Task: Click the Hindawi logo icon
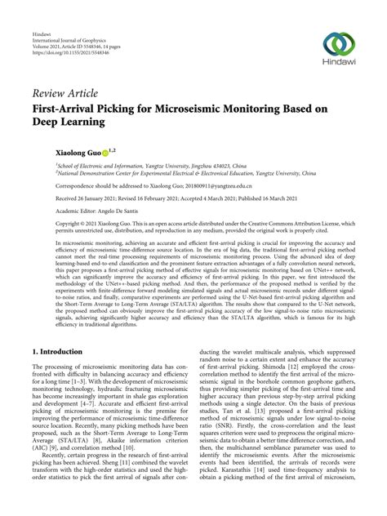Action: pyautogui.click(x=338, y=44)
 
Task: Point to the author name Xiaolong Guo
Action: pyautogui.click(x=78, y=152)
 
